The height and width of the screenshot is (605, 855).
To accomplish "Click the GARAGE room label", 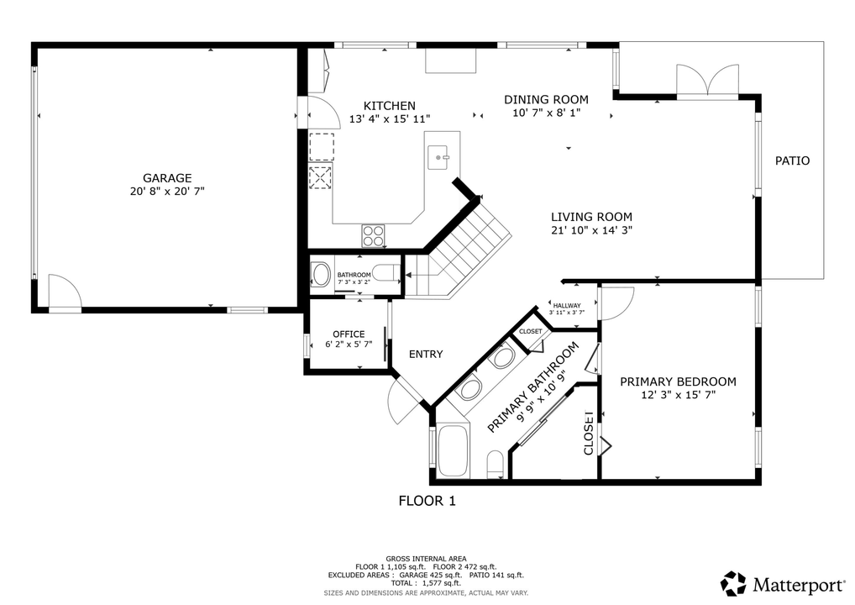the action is click(x=167, y=178).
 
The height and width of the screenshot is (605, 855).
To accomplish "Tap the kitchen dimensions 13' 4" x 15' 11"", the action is click(x=390, y=119).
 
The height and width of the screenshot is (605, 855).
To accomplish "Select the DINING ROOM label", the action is click(x=546, y=99).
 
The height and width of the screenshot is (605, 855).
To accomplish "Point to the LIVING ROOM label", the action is click(x=591, y=217).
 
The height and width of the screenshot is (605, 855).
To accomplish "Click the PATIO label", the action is click(x=792, y=160).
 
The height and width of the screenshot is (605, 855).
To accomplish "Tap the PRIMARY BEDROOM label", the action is click(x=678, y=381).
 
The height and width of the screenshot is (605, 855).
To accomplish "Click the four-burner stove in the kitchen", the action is click(x=373, y=236).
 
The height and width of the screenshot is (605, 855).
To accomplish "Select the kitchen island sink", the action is click(x=438, y=157).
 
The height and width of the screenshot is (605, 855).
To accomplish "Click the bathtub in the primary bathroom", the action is click(x=454, y=451).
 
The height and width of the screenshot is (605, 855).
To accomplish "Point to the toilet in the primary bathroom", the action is click(x=496, y=464).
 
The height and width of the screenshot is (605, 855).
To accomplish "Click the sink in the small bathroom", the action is click(x=321, y=275).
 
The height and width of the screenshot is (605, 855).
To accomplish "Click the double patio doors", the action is click(x=708, y=81).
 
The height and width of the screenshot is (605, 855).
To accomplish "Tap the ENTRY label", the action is click(x=426, y=354).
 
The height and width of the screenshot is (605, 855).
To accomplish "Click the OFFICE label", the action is click(x=349, y=334).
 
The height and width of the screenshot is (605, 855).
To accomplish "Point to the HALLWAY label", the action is click(x=567, y=306).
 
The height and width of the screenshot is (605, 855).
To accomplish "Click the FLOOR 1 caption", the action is click(x=427, y=501).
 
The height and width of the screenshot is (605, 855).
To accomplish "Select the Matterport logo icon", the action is click(x=733, y=584).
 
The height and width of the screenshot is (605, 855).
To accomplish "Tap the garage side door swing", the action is click(x=65, y=292).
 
